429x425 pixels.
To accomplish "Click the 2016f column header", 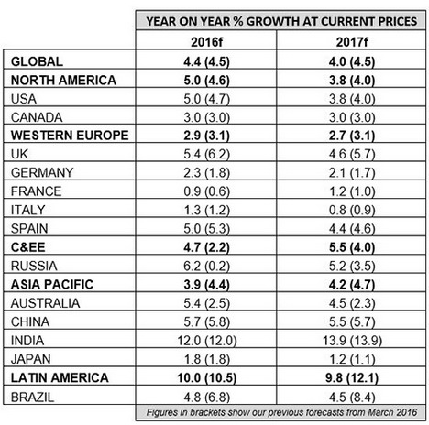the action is click(206, 42).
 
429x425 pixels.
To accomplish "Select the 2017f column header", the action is click(352, 42).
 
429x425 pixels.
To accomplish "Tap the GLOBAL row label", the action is click(37, 61).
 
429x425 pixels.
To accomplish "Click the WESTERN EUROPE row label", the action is click(70, 136).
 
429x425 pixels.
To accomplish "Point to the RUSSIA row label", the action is click(34, 266).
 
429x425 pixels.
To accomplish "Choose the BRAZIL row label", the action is click(32, 398).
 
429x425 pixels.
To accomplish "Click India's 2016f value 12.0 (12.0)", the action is click(207, 341).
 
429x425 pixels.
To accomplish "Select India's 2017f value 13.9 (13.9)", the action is click(352, 341).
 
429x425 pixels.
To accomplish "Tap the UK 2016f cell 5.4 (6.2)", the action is click(206, 154).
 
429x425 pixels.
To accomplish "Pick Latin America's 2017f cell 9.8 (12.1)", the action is click(352, 378).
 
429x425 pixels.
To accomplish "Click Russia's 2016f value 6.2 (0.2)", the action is click(206, 267).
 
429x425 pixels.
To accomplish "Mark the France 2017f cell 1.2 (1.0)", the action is click(352, 191).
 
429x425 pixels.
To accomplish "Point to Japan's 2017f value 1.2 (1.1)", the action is click(352, 359).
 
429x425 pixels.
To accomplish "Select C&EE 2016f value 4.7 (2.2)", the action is click(206, 247).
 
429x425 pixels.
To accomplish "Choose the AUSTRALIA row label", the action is click(46, 303).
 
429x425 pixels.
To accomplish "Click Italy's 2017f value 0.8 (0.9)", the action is click(352, 211).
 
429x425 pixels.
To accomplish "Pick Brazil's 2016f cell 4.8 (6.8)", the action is click(206, 398).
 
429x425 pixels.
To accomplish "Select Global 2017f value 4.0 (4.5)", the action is click(352, 62).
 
